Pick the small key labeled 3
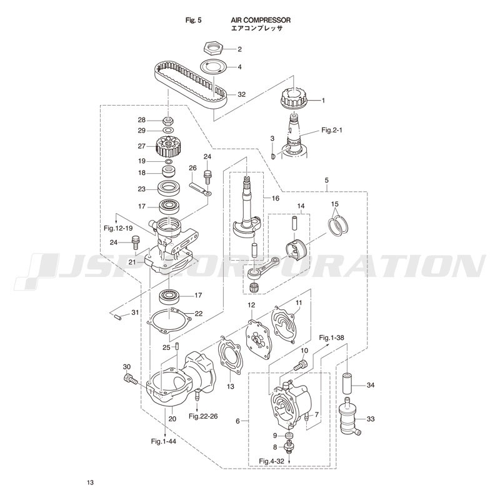(272, 156)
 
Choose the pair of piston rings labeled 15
(339, 226)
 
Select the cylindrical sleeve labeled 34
(349, 384)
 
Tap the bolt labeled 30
(130, 380)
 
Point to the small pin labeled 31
(117, 317)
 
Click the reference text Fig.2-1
(331, 130)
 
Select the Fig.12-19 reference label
(118, 228)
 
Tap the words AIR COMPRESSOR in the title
(261, 20)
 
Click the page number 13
(90, 482)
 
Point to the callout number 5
(326, 180)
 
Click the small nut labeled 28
(168, 121)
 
